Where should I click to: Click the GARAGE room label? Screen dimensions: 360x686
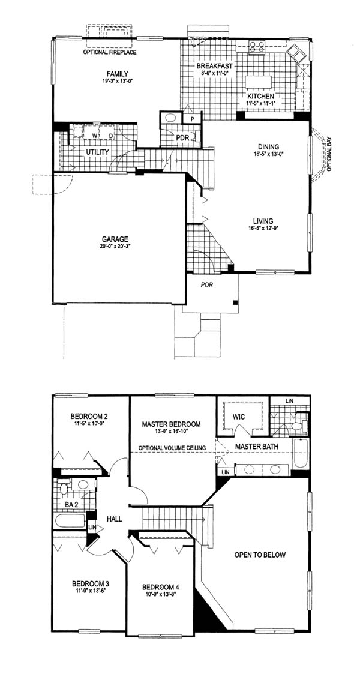pyautogui.click(x=115, y=239)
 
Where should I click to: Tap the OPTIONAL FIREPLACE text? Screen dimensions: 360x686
pyautogui.click(x=110, y=52)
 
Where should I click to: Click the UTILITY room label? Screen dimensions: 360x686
pyautogui.click(x=97, y=152)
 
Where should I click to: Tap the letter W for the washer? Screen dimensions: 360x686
pyautogui.click(x=94, y=136)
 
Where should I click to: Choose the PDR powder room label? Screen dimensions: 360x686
pyautogui.click(x=182, y=138)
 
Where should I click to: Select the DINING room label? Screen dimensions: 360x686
pyautogui.click(x=269, y=146)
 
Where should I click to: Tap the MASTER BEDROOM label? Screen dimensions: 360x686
pyautogui.click(x=172, y=424)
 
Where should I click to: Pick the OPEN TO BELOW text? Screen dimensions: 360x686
pyautogui.click(x=260, y=555)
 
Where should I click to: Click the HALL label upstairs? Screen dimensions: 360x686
pyautogui.click(x=114, y=519)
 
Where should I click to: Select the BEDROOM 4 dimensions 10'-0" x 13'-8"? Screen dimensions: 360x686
pyautogui.click(x=161, y=594)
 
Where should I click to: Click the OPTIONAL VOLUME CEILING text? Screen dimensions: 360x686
pyautogui.click(x=172, y=448)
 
